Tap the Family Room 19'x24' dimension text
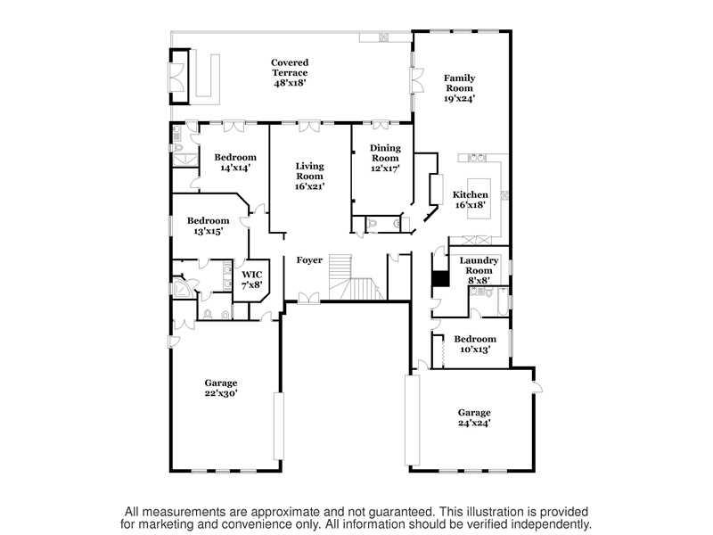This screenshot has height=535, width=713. coord(459,98)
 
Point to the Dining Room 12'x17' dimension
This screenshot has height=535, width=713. coord(385,169)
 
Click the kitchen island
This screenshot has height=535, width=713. coord(479,199)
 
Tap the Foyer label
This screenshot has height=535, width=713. coord(309,260)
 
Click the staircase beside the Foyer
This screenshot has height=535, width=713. coord(355,277)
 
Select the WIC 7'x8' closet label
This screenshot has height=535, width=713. coord(252,280)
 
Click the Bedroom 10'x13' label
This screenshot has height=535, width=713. coord(475,344)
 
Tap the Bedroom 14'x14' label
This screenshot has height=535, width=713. coord(235,162)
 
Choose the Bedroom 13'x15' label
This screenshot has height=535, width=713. coord(209,226)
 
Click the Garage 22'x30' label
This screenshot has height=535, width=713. coord(221,388)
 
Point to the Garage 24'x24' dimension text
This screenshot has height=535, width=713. coord(474,423)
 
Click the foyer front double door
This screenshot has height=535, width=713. coord(309,298)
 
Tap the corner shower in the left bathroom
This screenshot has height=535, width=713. coord(184,289)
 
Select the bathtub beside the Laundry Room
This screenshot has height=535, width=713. coord(502,301)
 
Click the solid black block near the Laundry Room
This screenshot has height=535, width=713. coord(440,279)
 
